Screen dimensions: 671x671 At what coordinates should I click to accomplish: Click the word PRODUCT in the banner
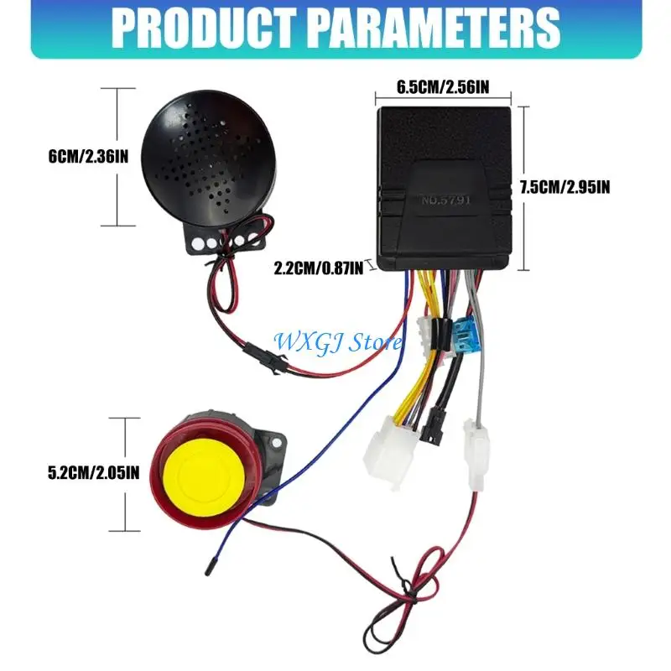(x=204, y=29)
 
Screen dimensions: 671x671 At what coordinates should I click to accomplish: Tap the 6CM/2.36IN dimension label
(x=88, y=157)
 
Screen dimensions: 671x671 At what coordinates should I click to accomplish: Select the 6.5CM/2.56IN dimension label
(x=443, y=87)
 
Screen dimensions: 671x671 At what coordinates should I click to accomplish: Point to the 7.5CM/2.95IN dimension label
(x=564, y=187)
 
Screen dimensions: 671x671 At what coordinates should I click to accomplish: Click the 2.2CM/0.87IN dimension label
(x=319, y=268)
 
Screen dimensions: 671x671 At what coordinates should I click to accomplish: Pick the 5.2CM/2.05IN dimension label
(x=94, y=473)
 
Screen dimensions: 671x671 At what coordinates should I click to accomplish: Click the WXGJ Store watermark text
(x=338, y=342)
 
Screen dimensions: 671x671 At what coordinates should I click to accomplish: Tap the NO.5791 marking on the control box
(x=446, y=200)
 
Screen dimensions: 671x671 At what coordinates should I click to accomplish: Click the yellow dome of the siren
(x=204, y=473)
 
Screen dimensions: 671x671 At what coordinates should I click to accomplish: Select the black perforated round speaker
(x=208, y=158)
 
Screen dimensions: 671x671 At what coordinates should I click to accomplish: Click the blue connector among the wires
(x=464, y=334)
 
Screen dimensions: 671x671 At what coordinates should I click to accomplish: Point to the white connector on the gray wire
(x=476, y=455)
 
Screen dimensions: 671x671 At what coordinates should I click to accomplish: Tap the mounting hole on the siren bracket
(x=277, y=443)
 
